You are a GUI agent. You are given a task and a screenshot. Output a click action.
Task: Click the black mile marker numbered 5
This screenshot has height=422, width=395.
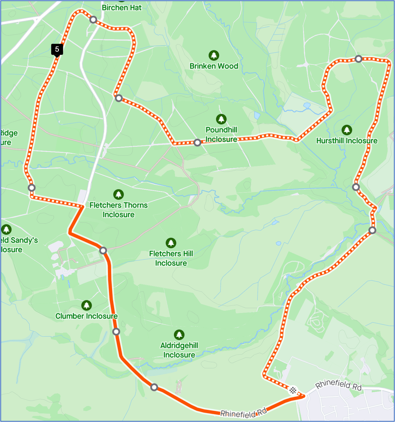coord(57,49)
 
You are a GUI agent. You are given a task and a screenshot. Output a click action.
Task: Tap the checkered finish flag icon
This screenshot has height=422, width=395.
coord(293,390)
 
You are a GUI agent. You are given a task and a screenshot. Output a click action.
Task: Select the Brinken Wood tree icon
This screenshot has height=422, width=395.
coord(214,56)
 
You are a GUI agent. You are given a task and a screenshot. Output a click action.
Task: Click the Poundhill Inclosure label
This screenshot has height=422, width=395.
coord(221,134)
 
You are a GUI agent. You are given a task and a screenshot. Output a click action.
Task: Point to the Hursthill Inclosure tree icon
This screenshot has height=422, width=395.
coord(347,130)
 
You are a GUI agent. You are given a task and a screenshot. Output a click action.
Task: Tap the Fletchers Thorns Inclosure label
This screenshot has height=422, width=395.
coord(118,210)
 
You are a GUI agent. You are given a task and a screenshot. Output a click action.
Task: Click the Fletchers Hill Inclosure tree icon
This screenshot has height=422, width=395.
coord(171,243)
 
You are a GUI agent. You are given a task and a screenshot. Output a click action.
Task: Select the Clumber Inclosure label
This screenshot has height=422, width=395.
coord(86,316)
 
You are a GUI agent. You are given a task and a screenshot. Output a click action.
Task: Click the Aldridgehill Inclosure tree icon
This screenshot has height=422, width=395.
coord(179,335)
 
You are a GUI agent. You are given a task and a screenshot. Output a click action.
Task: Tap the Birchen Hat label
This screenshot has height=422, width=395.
coord(121,8)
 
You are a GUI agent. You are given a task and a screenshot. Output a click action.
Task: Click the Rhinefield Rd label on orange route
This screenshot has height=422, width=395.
coord(243,413)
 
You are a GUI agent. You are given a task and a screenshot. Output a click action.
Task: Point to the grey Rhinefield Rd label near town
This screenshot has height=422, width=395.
coord(338,384)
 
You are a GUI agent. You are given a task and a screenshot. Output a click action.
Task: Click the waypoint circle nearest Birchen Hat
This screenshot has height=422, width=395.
coord(93,20)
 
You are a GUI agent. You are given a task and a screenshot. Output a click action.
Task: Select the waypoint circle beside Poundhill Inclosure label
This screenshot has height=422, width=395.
coord(197,143)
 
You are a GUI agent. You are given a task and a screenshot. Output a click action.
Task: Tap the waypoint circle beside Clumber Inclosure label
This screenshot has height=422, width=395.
coord(116,331)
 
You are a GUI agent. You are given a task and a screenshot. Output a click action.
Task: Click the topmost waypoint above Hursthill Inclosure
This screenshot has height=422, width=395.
coord(358,59)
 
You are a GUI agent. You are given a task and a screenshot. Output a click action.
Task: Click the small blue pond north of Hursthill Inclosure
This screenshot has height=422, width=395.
coord(307,105)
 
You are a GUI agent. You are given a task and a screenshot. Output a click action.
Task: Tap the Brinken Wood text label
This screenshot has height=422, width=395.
coord(214,66)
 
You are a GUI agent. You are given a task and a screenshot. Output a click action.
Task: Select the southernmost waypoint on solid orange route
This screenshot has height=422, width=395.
coord(154,387)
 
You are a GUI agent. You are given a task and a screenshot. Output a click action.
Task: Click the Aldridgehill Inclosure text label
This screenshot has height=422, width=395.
coord(179,350)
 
